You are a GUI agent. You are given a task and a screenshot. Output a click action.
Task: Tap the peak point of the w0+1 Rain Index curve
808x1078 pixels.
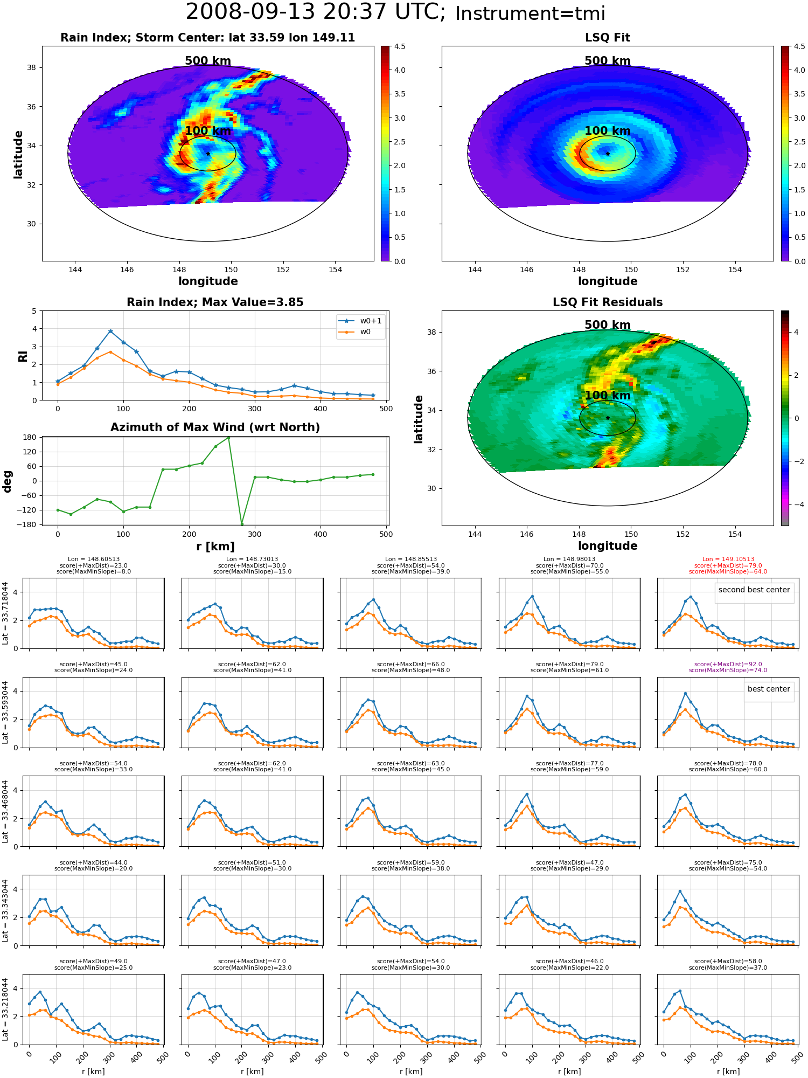point(110,331)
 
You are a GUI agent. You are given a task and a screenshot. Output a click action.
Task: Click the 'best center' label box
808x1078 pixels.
point(769,689)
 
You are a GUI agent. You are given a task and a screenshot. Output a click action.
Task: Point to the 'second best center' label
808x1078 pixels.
point(754,590)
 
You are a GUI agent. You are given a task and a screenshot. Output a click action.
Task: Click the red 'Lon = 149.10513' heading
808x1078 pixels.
point(728,559)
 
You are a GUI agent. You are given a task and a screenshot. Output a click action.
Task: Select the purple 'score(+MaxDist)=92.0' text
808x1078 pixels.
point(728,665)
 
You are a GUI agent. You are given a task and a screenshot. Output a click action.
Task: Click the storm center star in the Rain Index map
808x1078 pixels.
point(208,154)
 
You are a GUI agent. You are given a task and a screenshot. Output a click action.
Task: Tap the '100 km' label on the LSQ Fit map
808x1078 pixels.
point(608,130)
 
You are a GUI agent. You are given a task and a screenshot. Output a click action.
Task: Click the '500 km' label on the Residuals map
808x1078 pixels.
point(608,324)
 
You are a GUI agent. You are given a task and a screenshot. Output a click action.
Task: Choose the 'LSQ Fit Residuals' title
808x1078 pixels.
point(608,302)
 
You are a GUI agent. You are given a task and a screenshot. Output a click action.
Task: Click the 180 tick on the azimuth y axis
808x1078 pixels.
point(29,437)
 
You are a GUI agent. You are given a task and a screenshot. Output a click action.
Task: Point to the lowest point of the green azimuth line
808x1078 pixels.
point(242,524)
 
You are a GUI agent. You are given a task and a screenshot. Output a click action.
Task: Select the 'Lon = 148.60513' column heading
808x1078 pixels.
point(94,559)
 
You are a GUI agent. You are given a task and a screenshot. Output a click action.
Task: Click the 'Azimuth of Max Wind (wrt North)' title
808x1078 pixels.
point(215,427)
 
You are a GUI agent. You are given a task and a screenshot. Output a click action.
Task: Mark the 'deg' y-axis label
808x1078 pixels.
point(7,481)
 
